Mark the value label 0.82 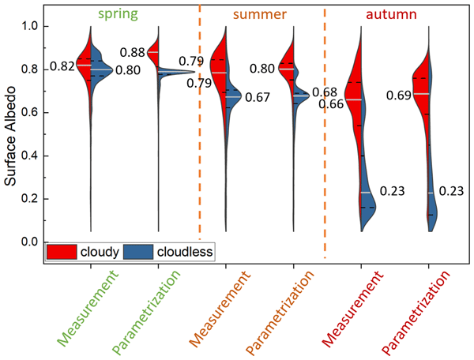pos(63,66)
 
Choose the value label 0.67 pos(258,97)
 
